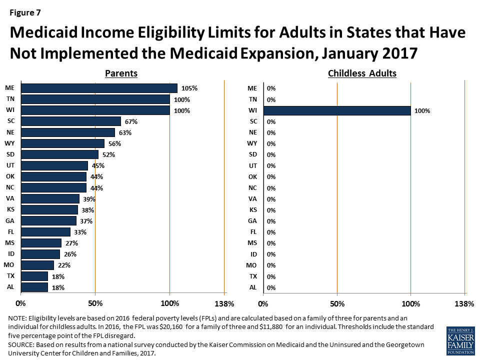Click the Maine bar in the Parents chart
pos(99,88)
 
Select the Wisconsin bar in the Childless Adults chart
pos(336,110)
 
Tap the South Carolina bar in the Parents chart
pos(71,121)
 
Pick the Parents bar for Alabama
pos(34,287)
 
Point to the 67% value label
pos(131,121)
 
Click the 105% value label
pos(189,88)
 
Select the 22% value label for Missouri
pos(64,265)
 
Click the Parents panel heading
pos(121,73)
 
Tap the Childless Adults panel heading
pos(362,73)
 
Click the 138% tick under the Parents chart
pos(224,303)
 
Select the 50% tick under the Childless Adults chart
pos(337,303)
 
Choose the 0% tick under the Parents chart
pos(21,303)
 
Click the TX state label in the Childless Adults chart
pos(252,276)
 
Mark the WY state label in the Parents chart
pos(9,143)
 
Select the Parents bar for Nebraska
pos(68,132)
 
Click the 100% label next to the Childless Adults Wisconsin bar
pos(422,110)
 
